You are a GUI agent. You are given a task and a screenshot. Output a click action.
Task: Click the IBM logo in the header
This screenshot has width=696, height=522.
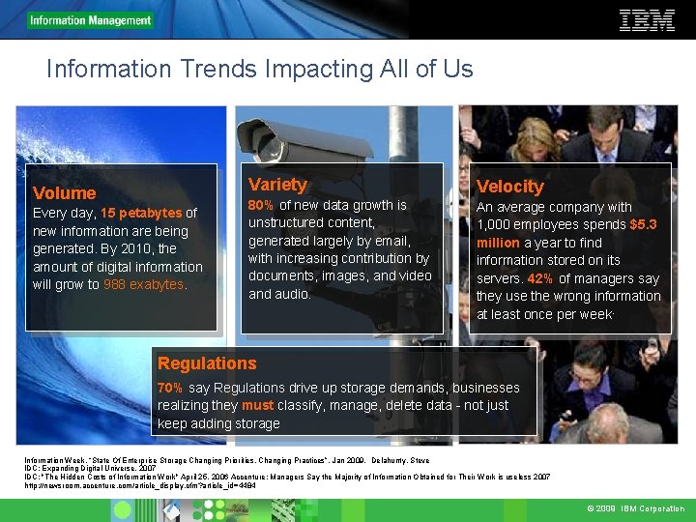point(647,20)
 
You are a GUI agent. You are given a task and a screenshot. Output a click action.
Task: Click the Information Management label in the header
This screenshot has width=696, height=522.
point(90,20)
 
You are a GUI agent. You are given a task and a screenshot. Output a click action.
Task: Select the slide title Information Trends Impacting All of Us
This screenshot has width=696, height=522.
point(259,70)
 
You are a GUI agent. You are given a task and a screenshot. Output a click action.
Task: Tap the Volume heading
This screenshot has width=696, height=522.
point(65,193)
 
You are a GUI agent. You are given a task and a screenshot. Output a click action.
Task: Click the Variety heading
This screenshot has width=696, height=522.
point(277,185)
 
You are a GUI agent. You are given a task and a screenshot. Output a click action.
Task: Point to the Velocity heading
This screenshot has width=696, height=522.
point(509,187)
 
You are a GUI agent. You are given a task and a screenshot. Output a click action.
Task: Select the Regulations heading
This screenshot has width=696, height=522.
point(207,363)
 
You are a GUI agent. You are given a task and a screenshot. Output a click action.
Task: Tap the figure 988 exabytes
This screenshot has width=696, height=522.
point(144,284)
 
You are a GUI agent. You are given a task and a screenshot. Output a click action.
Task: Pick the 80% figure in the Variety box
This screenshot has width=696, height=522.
point(261,205)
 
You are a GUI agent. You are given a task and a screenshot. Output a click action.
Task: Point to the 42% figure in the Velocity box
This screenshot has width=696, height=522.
point(539,278)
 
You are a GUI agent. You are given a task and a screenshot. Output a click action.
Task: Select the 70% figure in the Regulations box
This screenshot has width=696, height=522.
point(170,388)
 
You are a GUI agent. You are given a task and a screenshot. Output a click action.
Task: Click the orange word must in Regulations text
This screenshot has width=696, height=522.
point(257,405)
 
